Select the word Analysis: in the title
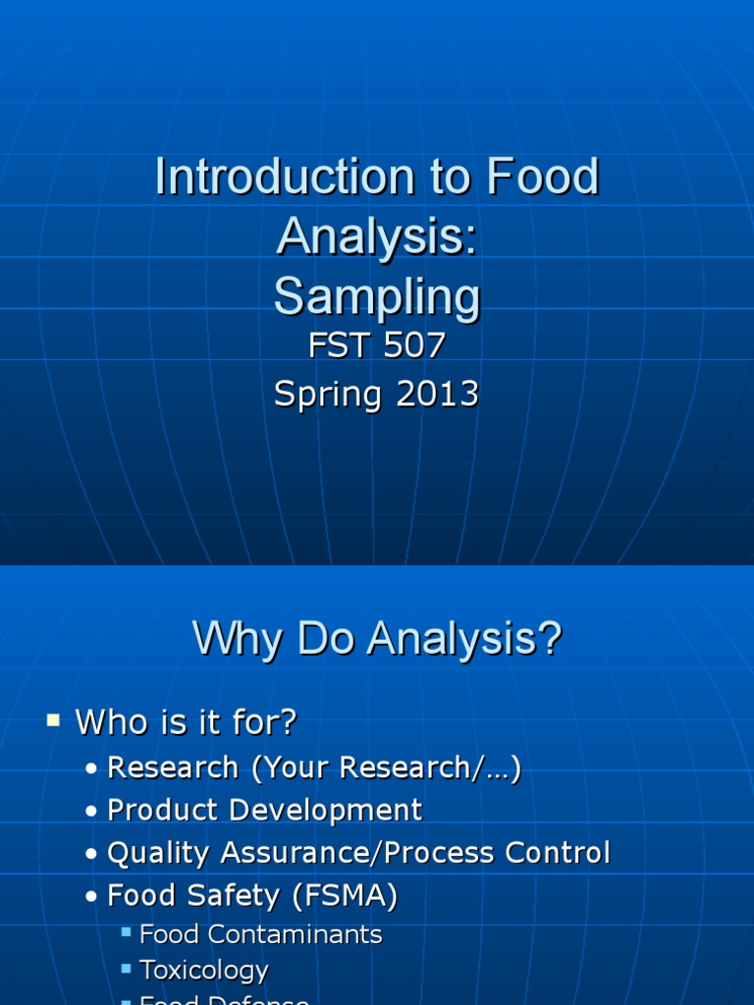pos(377,237)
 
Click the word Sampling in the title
pos(377,296)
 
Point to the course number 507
pos(412,345)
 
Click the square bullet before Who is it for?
pos(53,722)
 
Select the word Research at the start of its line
pos(173,767)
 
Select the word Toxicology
pos(204,971)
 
